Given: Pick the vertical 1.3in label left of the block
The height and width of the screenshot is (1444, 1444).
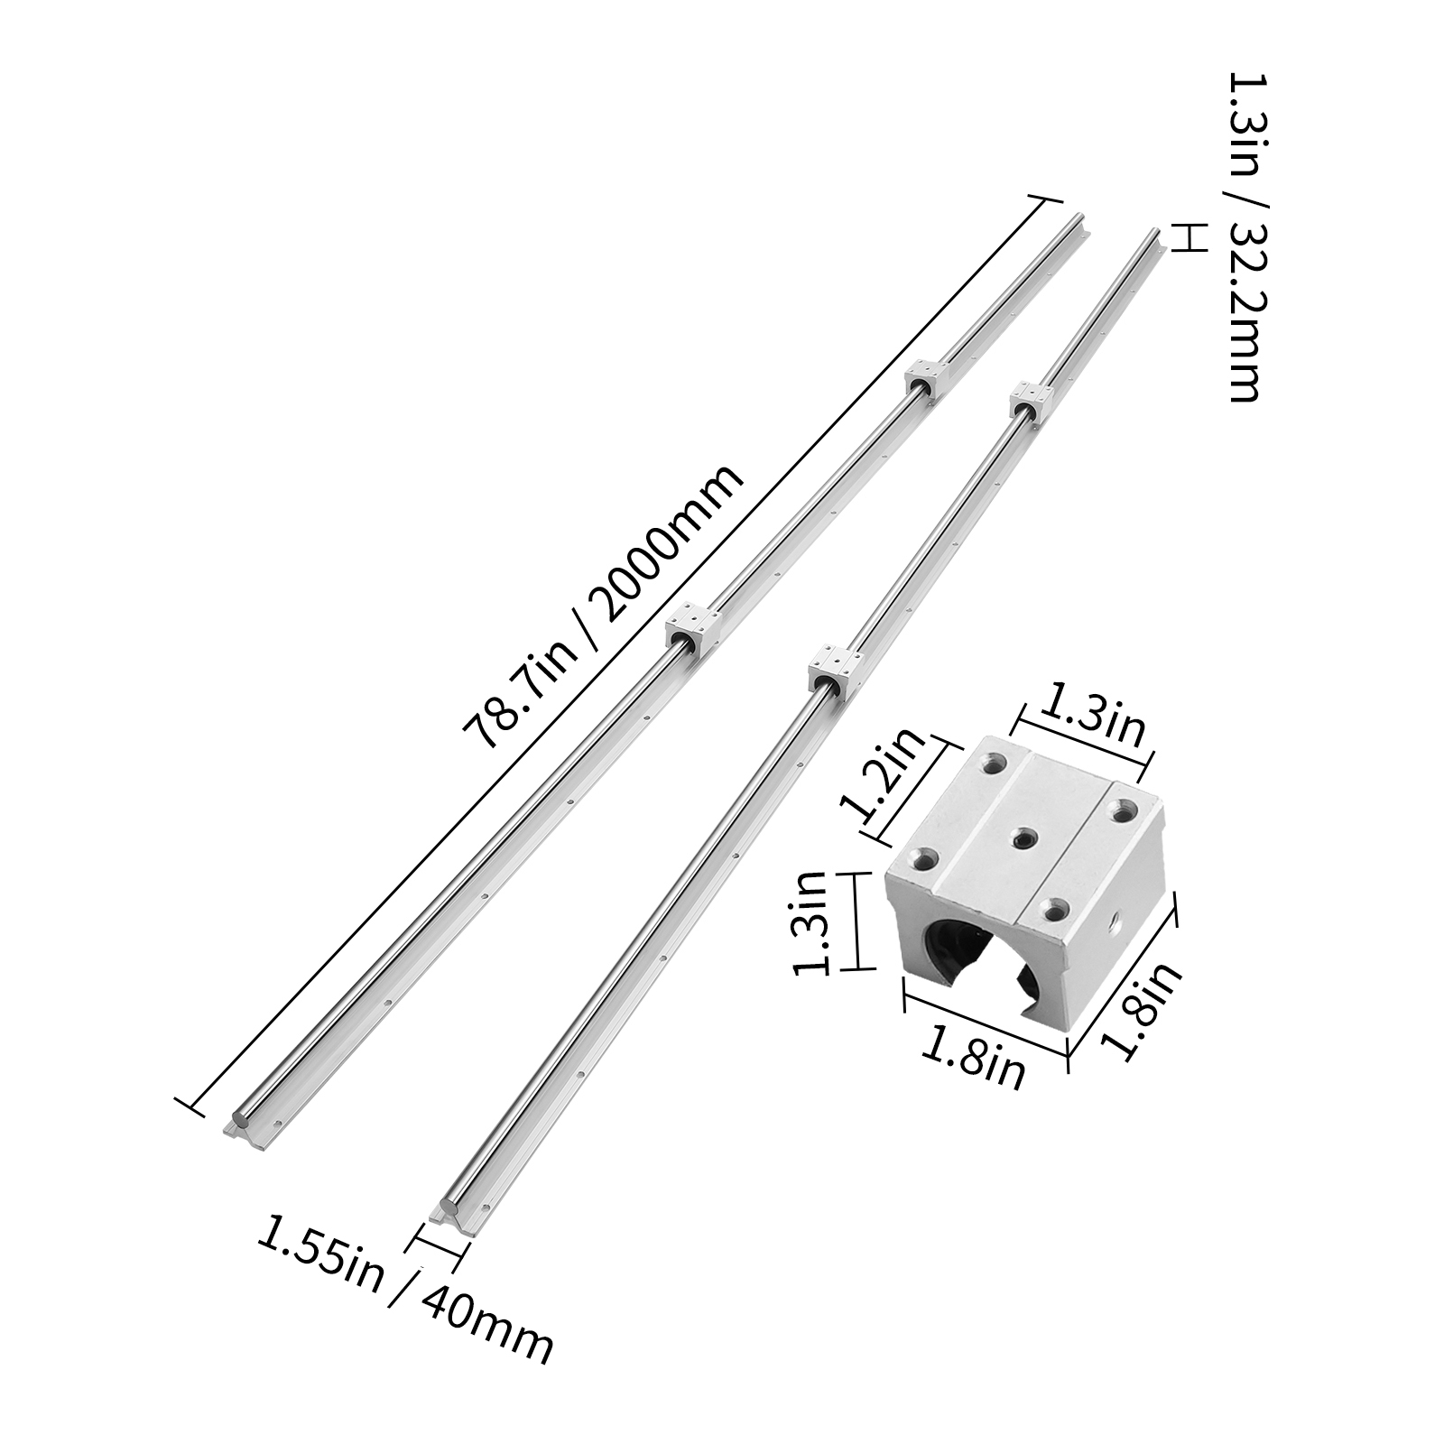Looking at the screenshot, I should [x=810, y=921].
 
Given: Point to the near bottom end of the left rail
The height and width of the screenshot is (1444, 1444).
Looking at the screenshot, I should [x=244, y=1124].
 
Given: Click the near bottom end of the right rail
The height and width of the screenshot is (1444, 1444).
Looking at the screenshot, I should [x=451, y=1210].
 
